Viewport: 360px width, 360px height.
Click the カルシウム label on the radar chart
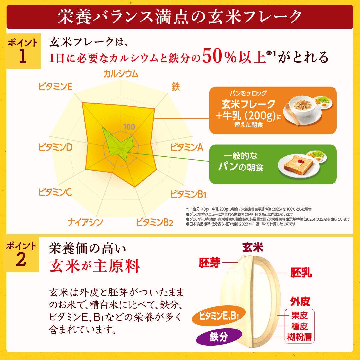121,74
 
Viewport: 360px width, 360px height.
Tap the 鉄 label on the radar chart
176,87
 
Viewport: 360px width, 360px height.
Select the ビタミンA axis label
187,147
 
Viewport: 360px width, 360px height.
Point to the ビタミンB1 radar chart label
188,194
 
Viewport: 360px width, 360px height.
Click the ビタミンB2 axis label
154,222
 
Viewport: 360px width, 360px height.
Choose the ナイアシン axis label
85,222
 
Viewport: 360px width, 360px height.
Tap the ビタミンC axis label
55,192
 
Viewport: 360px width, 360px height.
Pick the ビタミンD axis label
55,147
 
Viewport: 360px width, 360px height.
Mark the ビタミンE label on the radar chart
55,87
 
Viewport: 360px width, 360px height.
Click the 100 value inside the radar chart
129,127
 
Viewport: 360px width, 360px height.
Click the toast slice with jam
298,163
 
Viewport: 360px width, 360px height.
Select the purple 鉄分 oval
219,337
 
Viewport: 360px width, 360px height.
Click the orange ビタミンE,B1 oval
219,316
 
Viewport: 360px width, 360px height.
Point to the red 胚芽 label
210,263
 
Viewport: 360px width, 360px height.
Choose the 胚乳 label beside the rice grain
301,273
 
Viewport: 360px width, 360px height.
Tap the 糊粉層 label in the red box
300,337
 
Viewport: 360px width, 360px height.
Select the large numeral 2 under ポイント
21,260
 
